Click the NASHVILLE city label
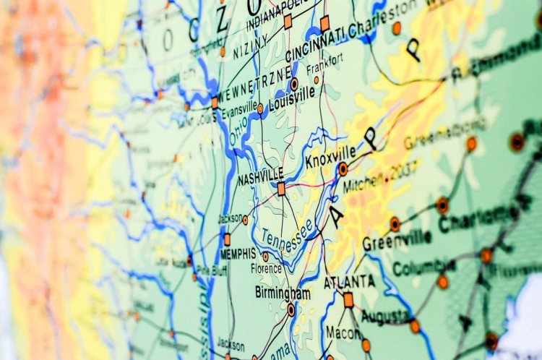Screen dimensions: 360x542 point(260,176)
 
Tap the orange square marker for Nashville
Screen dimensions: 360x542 point(281,189)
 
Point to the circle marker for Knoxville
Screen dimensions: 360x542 point(343,169)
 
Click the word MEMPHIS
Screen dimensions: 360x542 point(238,254)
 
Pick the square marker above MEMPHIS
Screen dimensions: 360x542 point(227,239)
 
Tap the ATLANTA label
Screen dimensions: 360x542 point(349,281)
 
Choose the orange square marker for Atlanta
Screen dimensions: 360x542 point(348,299)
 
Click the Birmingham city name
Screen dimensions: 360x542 point(283,293)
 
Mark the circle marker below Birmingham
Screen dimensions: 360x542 point(291,309)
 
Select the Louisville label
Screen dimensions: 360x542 point(292,98)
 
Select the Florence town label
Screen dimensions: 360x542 point(267,269)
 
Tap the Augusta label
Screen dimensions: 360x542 point(386,316)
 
